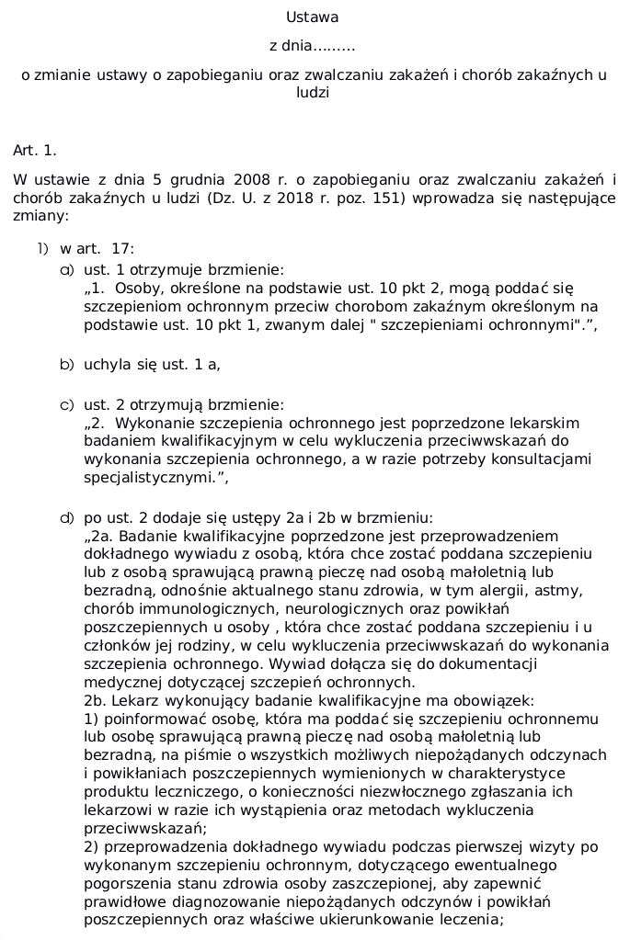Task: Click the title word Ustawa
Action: tap(312, 17)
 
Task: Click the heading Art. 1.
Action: tap(35, 150)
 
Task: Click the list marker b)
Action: tap(66, 365)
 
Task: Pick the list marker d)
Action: tap(66, 518)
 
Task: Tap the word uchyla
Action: tap(105, 365)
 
